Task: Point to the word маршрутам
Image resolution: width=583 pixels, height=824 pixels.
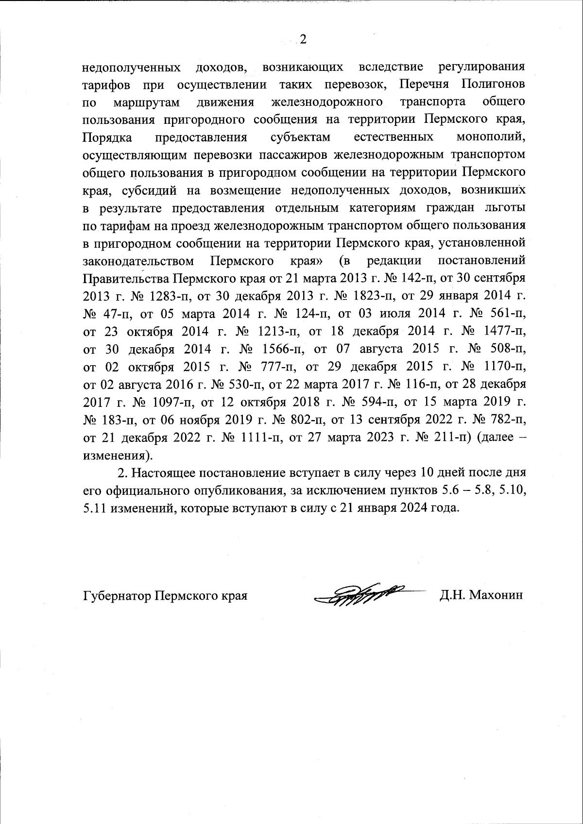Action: point(147,102)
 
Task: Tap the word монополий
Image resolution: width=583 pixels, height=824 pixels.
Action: point(491,138)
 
